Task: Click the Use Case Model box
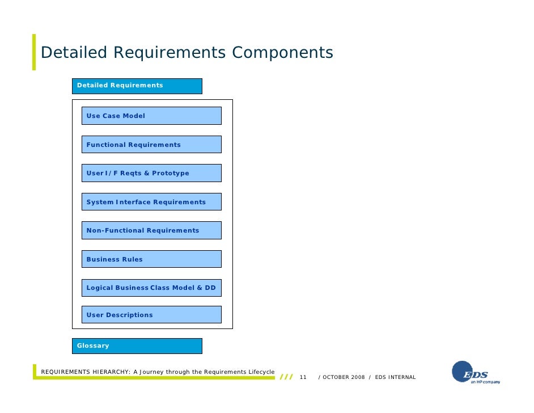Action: pyautogui.click(x=151, y=116)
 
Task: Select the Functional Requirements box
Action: pyautogui.click(x=151, y=145)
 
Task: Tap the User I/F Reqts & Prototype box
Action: pyautogui.click(x=151, y=173)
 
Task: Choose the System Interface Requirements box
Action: pyautogui.click(x=151, y=202)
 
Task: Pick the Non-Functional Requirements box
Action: pyautogui.click(x=151, y=230)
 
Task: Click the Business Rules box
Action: pyautogui.click(x=151, y=259)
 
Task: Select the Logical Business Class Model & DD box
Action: pyautogui.click(x=151, y=288)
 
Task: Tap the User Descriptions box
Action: pyautogui.click(x=151, y=315)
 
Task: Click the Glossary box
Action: pyautogui.click(x=139, y=345)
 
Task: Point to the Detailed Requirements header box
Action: pyautogui.click(x=139, y=86)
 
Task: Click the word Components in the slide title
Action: pyautogui.click(x=282, y=53)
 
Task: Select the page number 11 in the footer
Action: pyautogui.click(x=303, y=377)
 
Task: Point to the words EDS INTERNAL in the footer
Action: pyautogui.click(x=395, y=377)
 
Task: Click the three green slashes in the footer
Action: pyautogui.click(x=286, y=377)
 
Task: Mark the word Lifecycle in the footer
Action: pyautogui.click(x=261, y=372)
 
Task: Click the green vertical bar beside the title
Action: pyautogui.click(x=34, y=52)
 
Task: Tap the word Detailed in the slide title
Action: pyautogui.click(x=74, y=53)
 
